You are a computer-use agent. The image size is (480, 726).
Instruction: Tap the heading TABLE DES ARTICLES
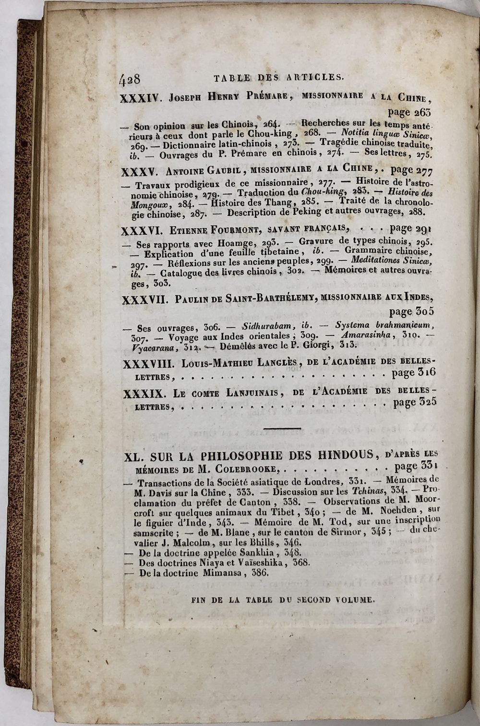point(278,76)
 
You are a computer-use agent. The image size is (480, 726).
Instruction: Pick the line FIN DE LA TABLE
point(282,599)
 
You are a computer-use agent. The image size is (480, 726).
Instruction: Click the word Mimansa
point(217,572)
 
